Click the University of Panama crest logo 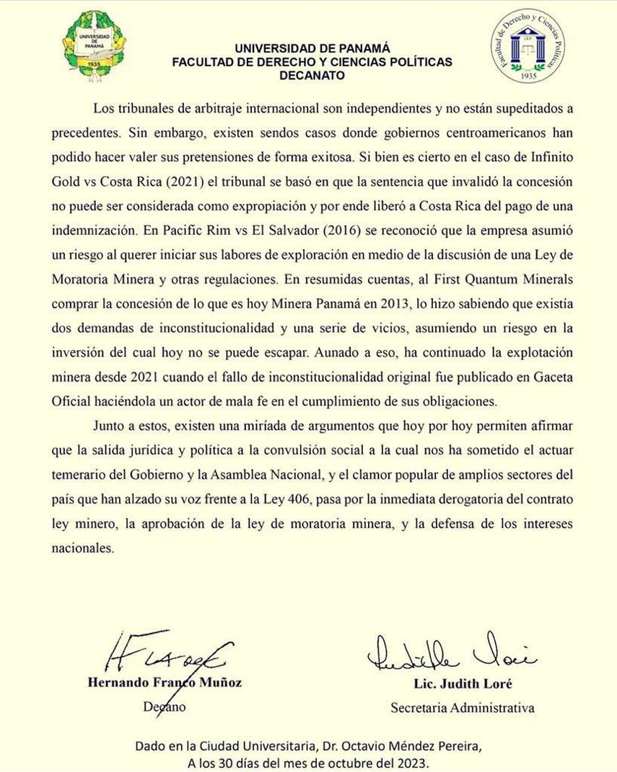[93, 46]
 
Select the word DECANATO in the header [312, 75]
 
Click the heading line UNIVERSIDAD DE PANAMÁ [312, 48]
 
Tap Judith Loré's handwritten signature [450, 653]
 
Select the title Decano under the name [165, 707]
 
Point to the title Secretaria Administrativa [462, 708]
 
